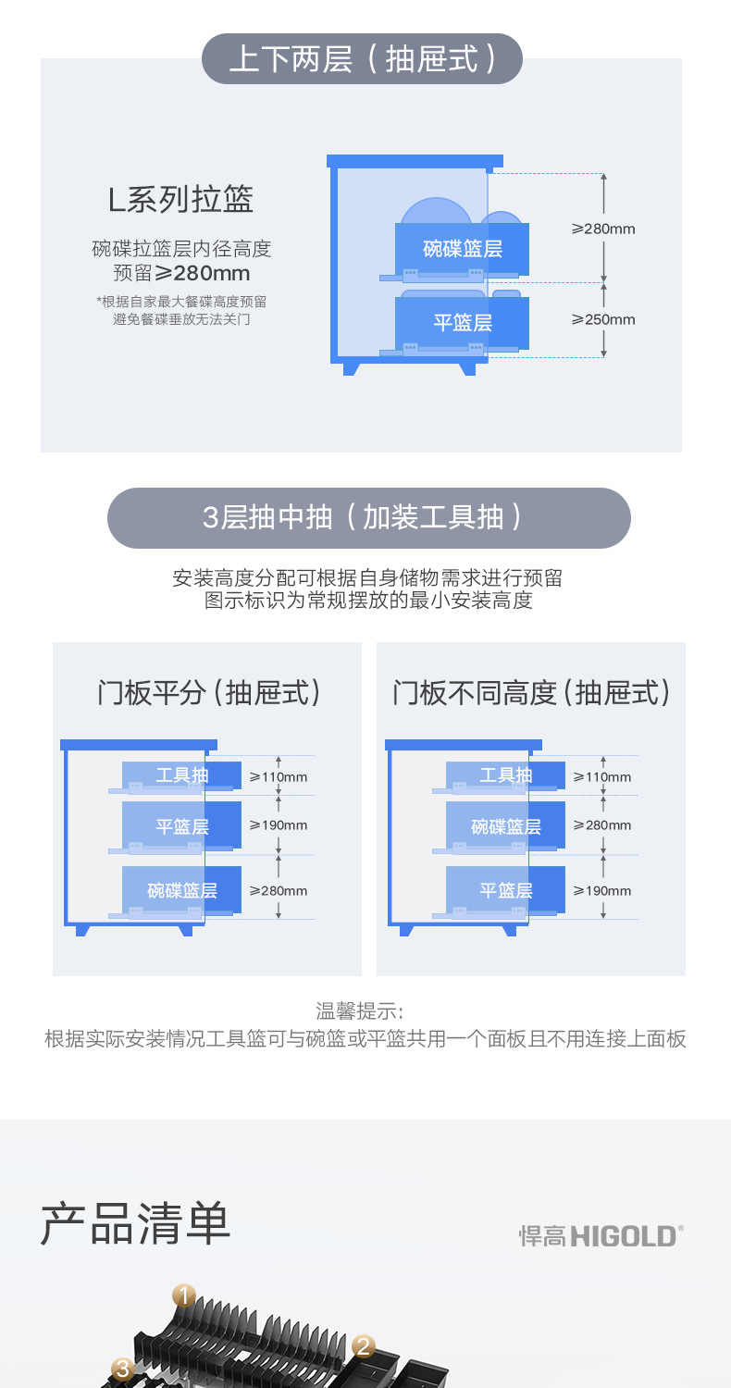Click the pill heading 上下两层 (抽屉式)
coord(362,59)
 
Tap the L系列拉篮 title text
coord(180,199)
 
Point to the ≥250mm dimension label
coord(603,319)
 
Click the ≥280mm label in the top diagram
coord(603,229)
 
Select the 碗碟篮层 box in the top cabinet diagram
coord(462,248)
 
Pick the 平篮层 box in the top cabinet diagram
coord(462,323)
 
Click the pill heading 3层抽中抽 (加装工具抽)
coord(368,517)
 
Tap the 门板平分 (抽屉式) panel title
coord(208,692)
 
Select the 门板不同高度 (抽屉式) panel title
coord(531,692)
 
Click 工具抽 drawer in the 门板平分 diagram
coord(182,775)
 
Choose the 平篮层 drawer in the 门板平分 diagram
coord(182,825)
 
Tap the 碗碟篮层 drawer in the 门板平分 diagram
coord(182,890)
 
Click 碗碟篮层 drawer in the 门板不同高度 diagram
coord(505,825)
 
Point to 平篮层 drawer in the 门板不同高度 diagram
coord(505,890)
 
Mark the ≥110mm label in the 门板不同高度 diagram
coord(602,776)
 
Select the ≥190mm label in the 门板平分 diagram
coord(279,825)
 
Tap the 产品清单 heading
coord(135,1224)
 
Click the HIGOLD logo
coord(601,1235)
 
